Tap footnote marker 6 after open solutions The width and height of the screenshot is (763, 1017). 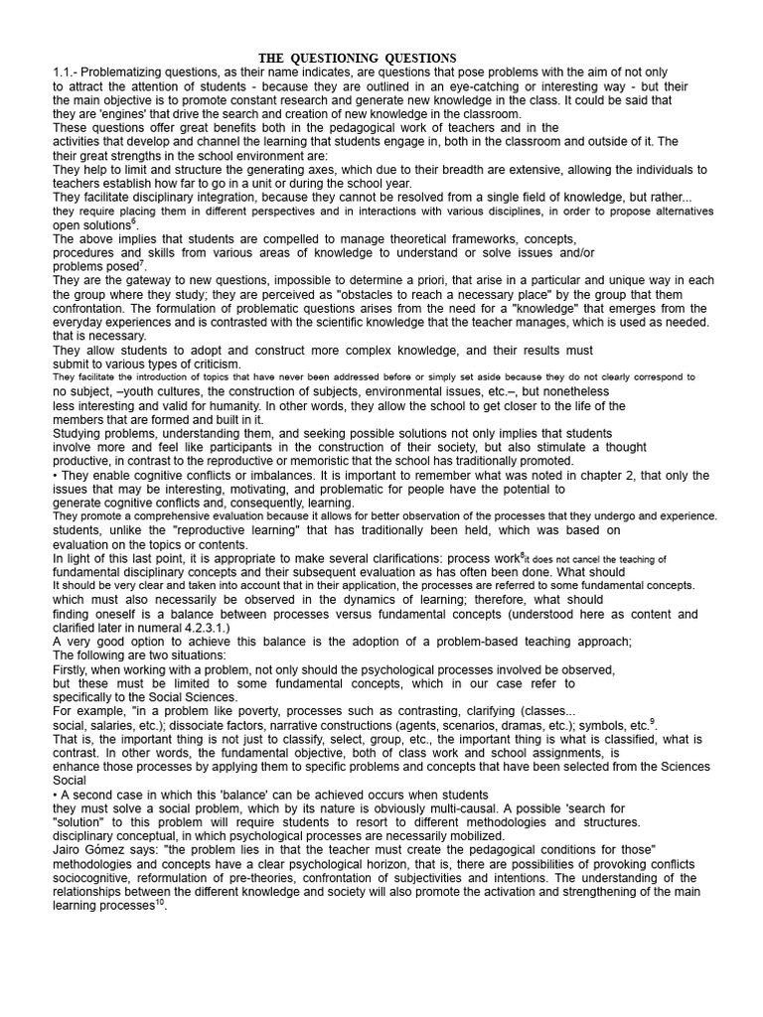[x=135, y=221]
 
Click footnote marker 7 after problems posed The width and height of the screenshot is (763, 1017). [x=142, y=263]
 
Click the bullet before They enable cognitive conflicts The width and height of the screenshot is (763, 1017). [x=56, y=476]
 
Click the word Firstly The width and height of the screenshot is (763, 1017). [x=74, y=669]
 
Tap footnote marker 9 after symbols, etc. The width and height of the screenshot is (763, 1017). [x=653, y=721]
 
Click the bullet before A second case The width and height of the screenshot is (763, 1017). [x=56, y=795]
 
